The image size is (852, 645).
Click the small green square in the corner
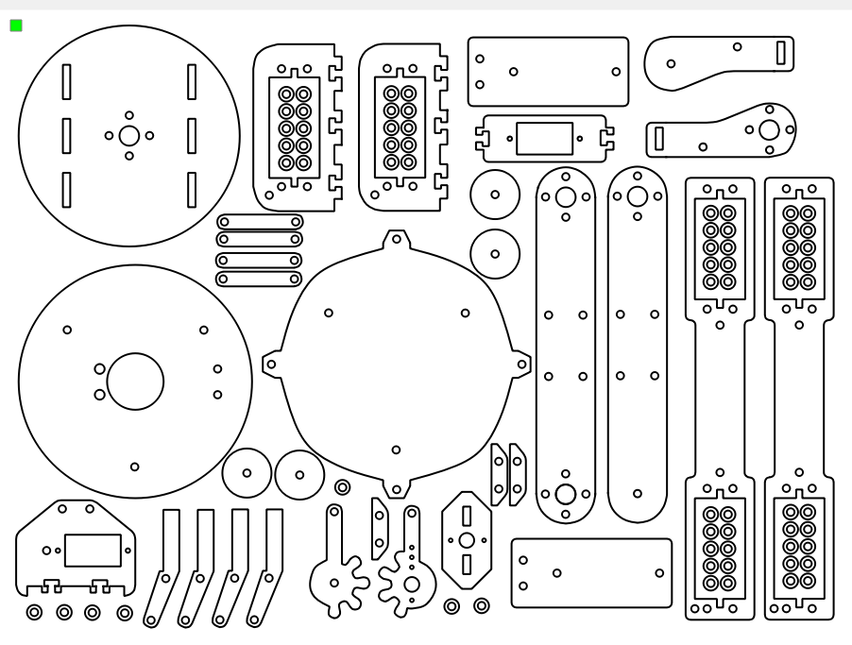16,25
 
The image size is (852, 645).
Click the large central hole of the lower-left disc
135,382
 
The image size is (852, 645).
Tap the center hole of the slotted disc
129,135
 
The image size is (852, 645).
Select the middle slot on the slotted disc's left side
67,135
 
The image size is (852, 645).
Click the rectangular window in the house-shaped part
92,550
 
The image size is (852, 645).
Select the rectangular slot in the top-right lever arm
781,52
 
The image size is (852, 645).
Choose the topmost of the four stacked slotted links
260,222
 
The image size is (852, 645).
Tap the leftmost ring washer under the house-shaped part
35,613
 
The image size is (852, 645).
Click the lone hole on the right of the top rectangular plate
616,71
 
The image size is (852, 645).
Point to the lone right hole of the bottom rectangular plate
658,572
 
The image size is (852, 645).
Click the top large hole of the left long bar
565,197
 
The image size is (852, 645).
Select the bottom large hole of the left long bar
565,493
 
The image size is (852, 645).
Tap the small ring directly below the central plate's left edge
342,486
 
